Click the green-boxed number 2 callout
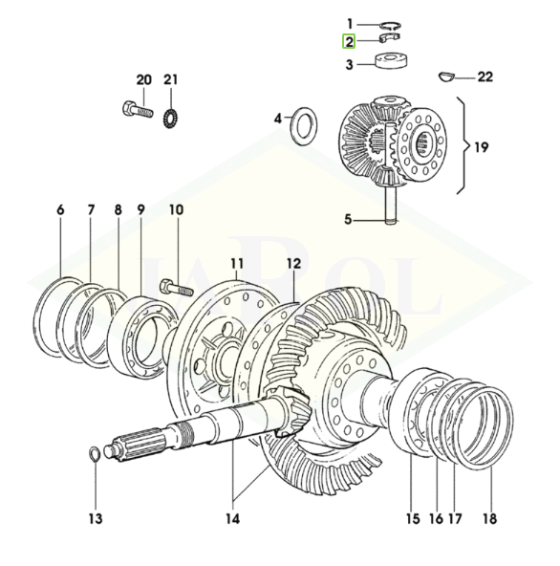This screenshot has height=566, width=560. (x=349, y=42)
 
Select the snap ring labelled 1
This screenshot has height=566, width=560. (x=391, y=25)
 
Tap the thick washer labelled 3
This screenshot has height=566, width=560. (x=392, y=61)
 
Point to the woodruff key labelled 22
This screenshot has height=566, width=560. (x=447, y=76)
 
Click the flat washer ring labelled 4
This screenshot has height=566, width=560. (x=304, y=126)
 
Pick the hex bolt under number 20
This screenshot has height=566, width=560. (x=138, y=109)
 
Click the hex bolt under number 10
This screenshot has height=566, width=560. (x=176, y=288)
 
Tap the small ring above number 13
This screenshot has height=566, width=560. (x=95, y=454)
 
